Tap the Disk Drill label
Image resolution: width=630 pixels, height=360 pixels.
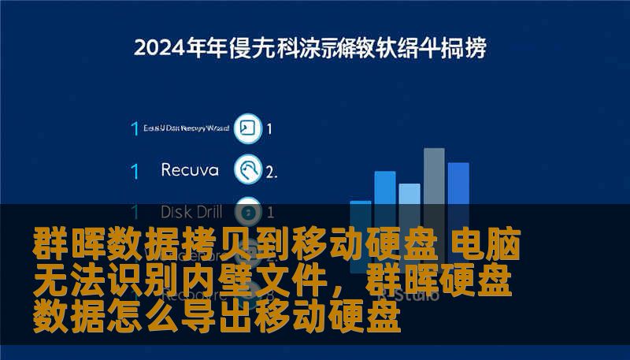point(191,211)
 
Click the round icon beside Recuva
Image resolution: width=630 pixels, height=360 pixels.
point(248,169)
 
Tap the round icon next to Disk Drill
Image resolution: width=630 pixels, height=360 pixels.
point(248,211)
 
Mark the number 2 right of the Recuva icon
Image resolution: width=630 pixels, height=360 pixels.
point(271,170)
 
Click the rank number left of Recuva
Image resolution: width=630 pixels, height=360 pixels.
point(135,170)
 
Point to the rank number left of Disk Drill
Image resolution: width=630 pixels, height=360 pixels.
point(135,212)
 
